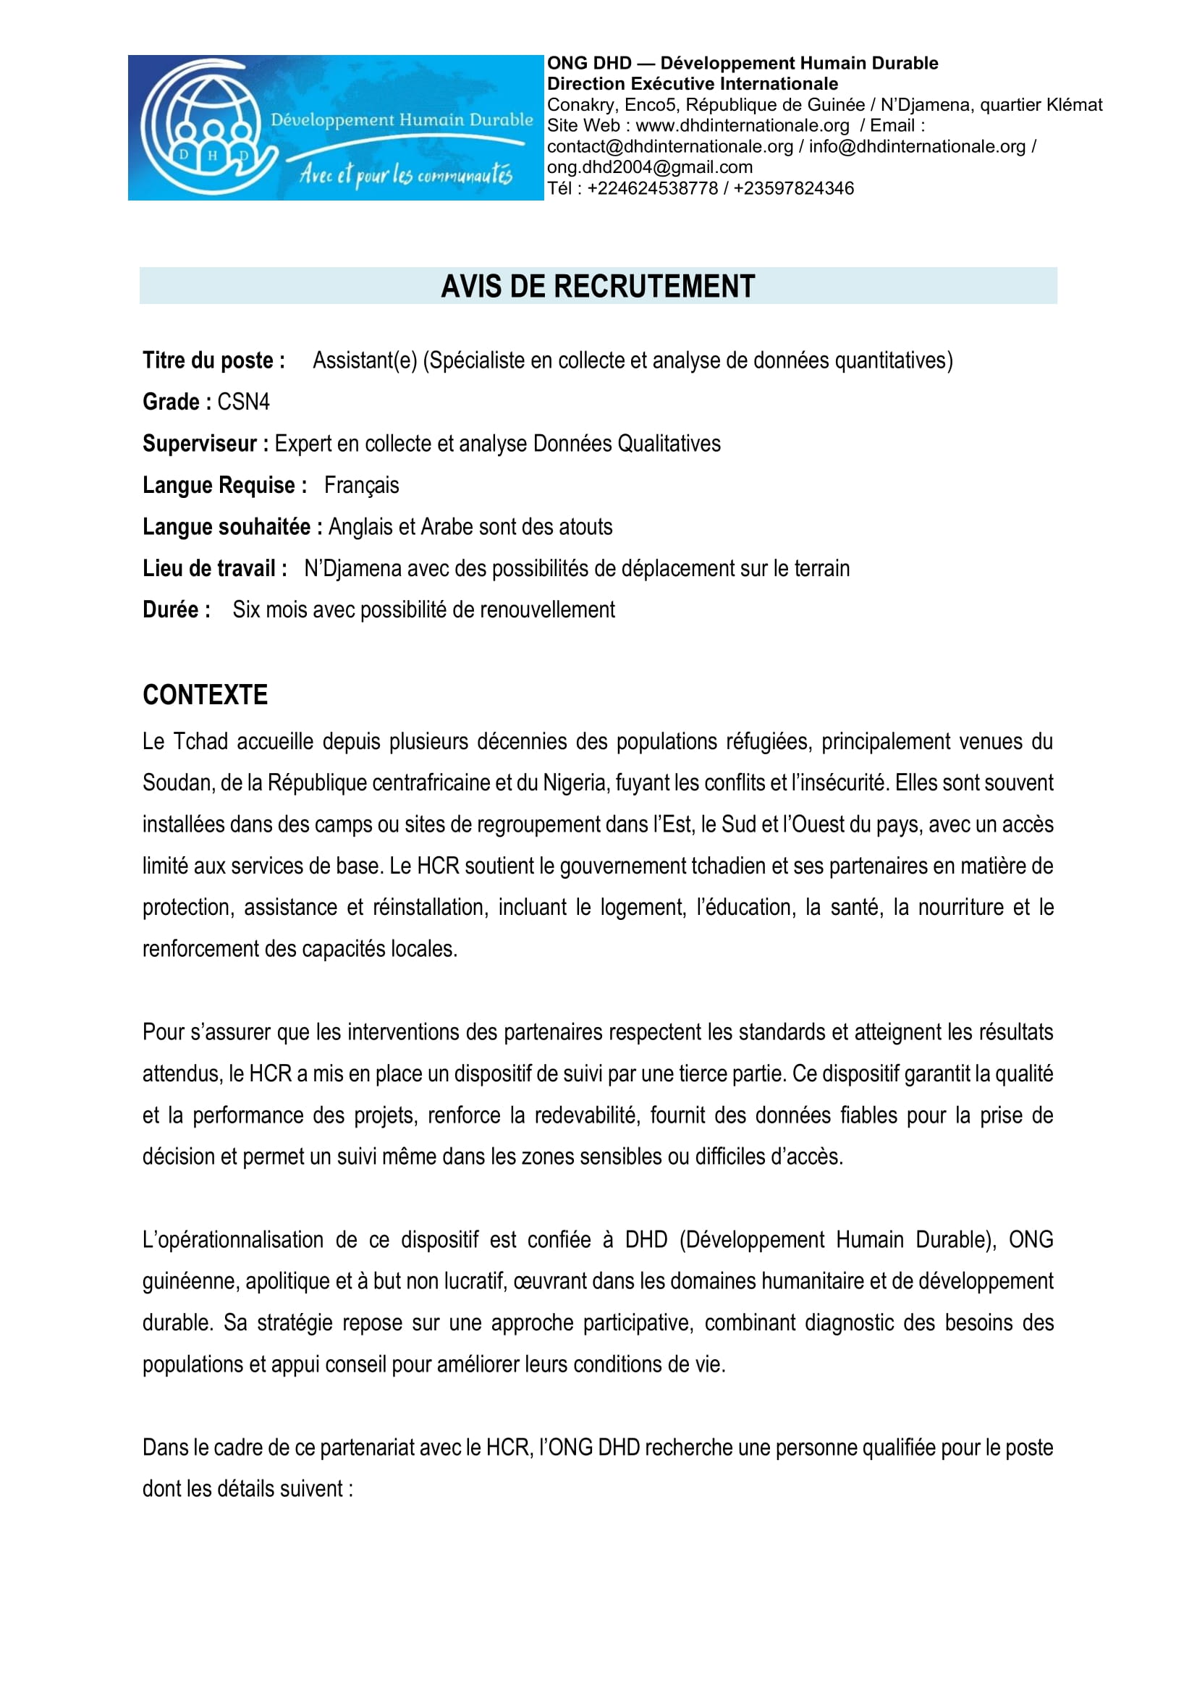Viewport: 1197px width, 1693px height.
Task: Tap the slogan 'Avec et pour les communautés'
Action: coord(405,174)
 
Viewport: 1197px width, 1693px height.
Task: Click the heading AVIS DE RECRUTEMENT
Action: coord(598,286)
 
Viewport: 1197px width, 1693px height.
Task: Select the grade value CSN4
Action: coord(243,402)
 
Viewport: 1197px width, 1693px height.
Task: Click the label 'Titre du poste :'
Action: coord(213,360)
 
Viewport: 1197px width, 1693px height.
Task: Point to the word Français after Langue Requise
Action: coord(361,485)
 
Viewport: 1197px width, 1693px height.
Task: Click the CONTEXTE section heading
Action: coord(205,695)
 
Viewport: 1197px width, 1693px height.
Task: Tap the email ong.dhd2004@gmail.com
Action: coord(649,167)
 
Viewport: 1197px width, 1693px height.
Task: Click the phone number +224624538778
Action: coord(652,188)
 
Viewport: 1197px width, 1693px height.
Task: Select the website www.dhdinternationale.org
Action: coord(743,125)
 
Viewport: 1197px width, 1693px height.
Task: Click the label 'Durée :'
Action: coord(177,609)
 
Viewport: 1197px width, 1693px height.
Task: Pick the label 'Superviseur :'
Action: coord(206,444)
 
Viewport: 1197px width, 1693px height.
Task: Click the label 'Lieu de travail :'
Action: coord(215,568)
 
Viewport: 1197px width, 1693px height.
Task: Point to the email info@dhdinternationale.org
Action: coord(917,147)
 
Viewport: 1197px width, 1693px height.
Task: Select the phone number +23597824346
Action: coord(794,188)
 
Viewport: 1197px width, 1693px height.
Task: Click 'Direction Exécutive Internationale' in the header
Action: coord(692,83)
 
